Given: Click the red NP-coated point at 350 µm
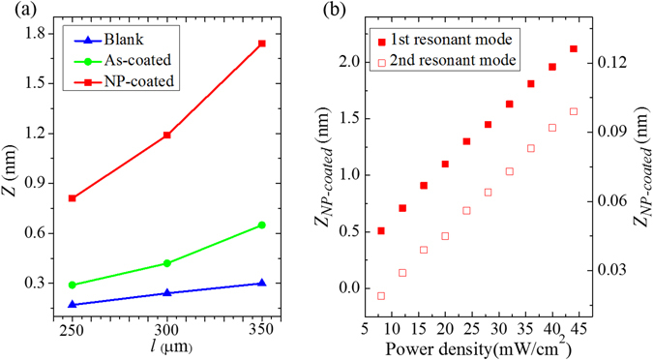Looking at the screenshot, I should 261,44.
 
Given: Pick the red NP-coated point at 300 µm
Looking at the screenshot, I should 167,135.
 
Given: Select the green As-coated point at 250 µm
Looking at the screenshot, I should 73,285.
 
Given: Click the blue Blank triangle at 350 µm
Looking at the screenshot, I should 261,283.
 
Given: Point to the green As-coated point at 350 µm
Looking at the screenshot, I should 261,225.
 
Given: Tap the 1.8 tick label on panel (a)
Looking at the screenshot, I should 36,34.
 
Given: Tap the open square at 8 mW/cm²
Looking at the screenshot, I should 381,295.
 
